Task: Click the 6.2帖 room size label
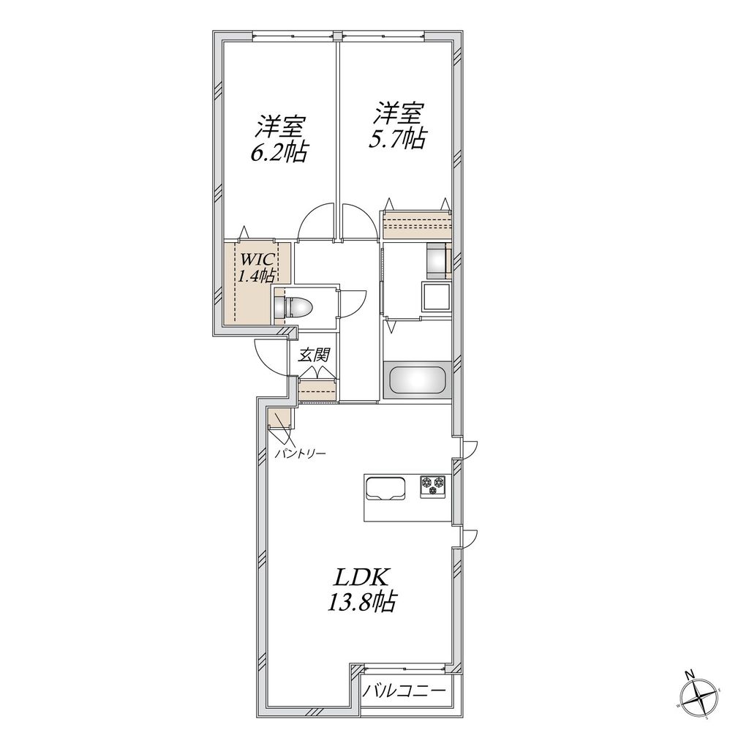[276, 152]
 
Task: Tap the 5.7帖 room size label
[397, 139]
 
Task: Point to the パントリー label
[300, 453]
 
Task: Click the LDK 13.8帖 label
[361, 590]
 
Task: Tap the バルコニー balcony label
[405, 690]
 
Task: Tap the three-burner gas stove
[434, 486]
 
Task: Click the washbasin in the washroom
[436, 297]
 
